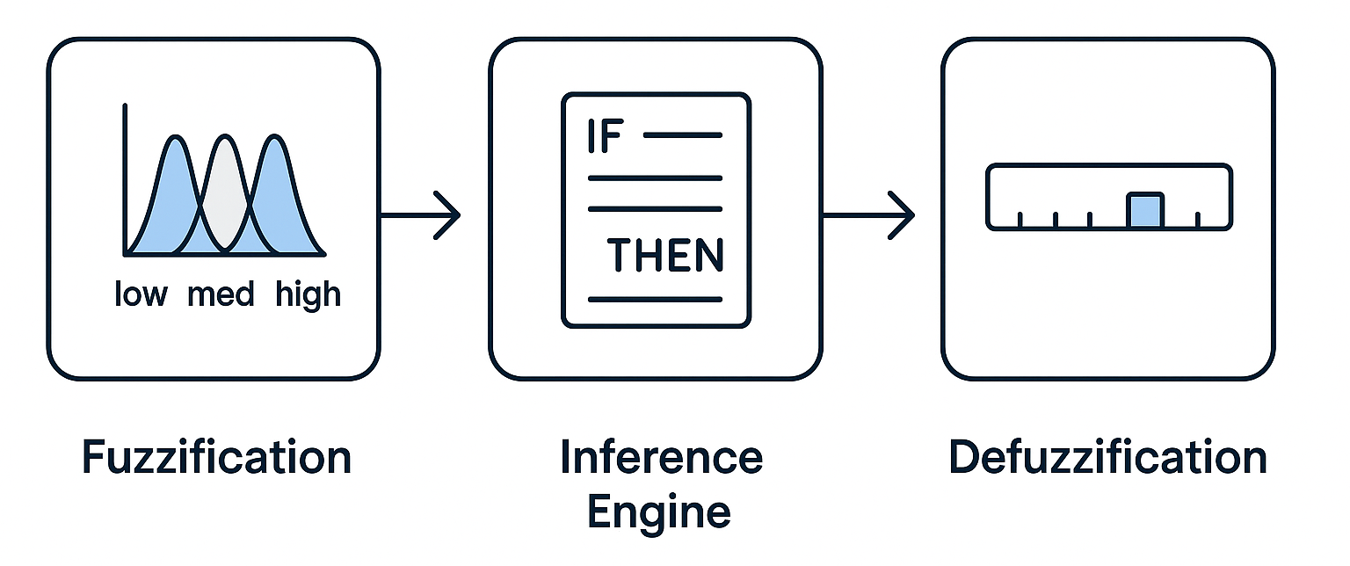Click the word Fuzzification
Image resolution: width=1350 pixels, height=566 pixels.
tap(216, 458)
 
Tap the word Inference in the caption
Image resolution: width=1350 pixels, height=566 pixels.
tap(661, 458)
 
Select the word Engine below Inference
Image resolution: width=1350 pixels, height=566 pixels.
tap(658, 511)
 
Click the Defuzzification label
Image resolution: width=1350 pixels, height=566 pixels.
tap(1107, 458)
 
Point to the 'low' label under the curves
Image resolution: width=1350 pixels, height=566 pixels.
tap(140, 294)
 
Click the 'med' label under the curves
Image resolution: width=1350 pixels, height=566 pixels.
tap(220, 294)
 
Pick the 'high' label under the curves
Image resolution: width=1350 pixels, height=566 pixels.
tap(308, 294)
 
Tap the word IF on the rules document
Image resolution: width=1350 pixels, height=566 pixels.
tap(603, 138)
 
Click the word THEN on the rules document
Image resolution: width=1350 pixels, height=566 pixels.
tap(665, 255)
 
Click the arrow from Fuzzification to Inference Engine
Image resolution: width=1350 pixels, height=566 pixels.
tap(422, 214)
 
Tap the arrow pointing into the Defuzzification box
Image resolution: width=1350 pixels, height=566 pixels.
tap(870, 214)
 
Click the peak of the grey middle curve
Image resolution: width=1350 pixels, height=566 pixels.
tap(225, 139)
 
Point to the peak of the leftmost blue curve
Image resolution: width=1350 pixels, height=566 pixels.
tap(176, 138)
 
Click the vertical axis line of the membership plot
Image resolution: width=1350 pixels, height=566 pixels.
tap(125, 176)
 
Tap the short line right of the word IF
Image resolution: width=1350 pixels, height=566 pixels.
tap(682, 135)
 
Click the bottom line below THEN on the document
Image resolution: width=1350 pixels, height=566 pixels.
tap(654, 300)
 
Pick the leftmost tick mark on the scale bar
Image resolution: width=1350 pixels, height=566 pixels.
tap(1020, 220)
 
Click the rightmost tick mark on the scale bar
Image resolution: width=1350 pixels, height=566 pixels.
tap(1198, 220)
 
